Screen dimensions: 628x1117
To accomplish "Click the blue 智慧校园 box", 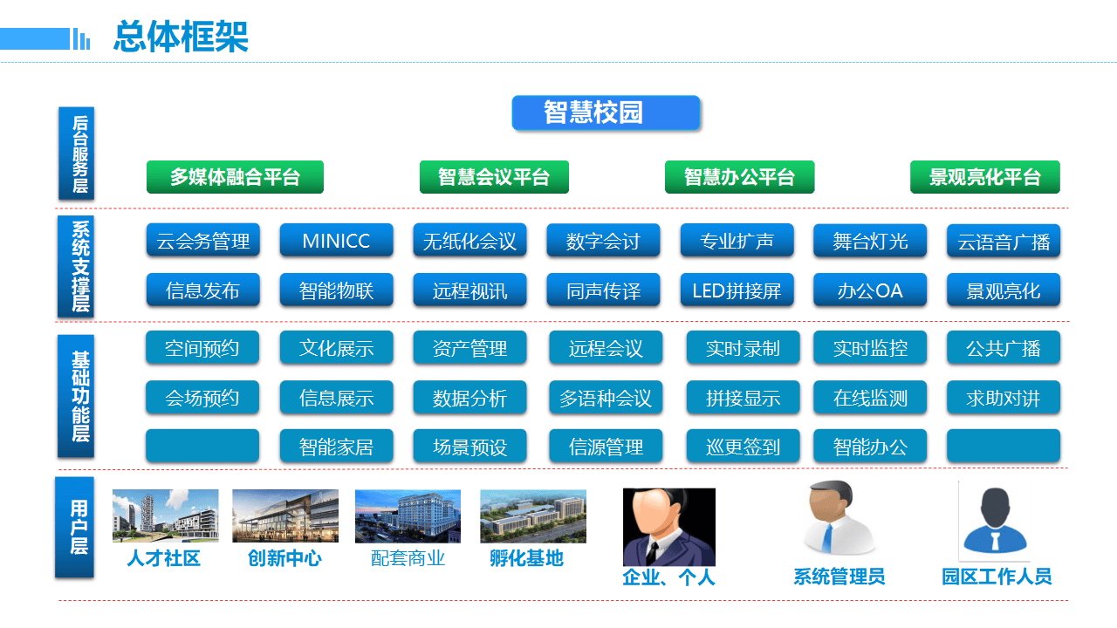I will [x=606, y=113].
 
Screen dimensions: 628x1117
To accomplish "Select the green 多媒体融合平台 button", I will [x=235, y=177].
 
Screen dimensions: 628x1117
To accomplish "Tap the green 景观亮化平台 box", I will [x=984, y=177].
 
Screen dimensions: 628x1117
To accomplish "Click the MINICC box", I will [x=336, y=241].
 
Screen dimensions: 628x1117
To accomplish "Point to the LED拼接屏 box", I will [x=737, y=290].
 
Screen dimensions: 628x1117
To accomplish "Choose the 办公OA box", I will [x=870, y=290].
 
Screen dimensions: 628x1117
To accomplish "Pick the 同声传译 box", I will [x=603, y=290].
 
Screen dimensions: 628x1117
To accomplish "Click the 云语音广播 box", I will [x=1004, y=241].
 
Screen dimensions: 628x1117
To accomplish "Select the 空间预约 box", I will [x=202, y=348].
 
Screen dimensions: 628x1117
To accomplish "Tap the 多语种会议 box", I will [x=606, y=398].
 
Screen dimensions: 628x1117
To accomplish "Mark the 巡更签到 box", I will [x=743, y=447].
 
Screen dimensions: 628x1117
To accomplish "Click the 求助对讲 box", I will [x=1004, y=398].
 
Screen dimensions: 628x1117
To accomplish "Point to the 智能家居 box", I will [x=336, y=447].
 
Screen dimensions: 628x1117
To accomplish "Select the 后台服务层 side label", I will [x=78, y=154].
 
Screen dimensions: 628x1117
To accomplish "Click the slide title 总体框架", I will [x=181, y=37].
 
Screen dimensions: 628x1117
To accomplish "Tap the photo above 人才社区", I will [x=165, y=515].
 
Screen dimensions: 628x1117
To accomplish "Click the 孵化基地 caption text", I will [x=526, y=558].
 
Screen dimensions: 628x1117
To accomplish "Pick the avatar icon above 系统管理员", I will [x=839, y=517].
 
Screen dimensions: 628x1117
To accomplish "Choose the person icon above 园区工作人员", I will [x=994, y=521].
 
